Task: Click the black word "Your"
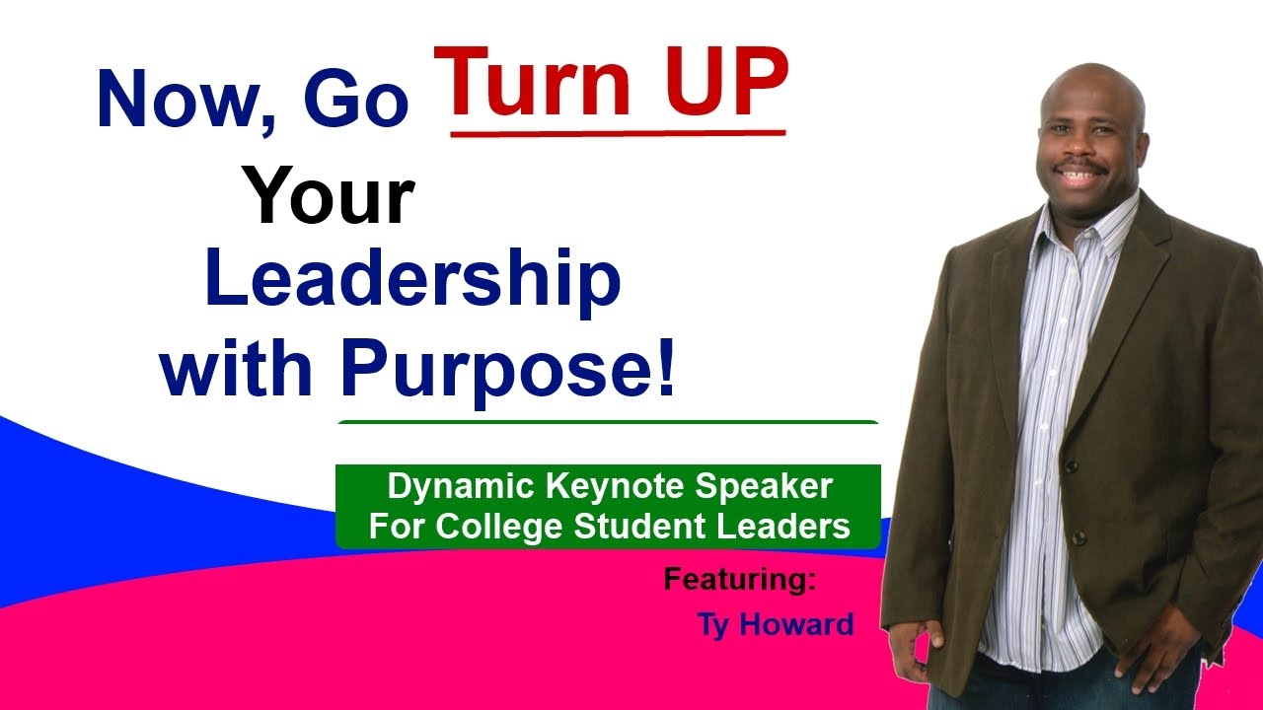point(330,194)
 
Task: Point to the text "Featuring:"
point(740,579)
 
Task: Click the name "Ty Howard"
point(776,624)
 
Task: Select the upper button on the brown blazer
point(1070,463)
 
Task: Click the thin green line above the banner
point(608,422)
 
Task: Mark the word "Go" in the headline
point(355,101)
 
